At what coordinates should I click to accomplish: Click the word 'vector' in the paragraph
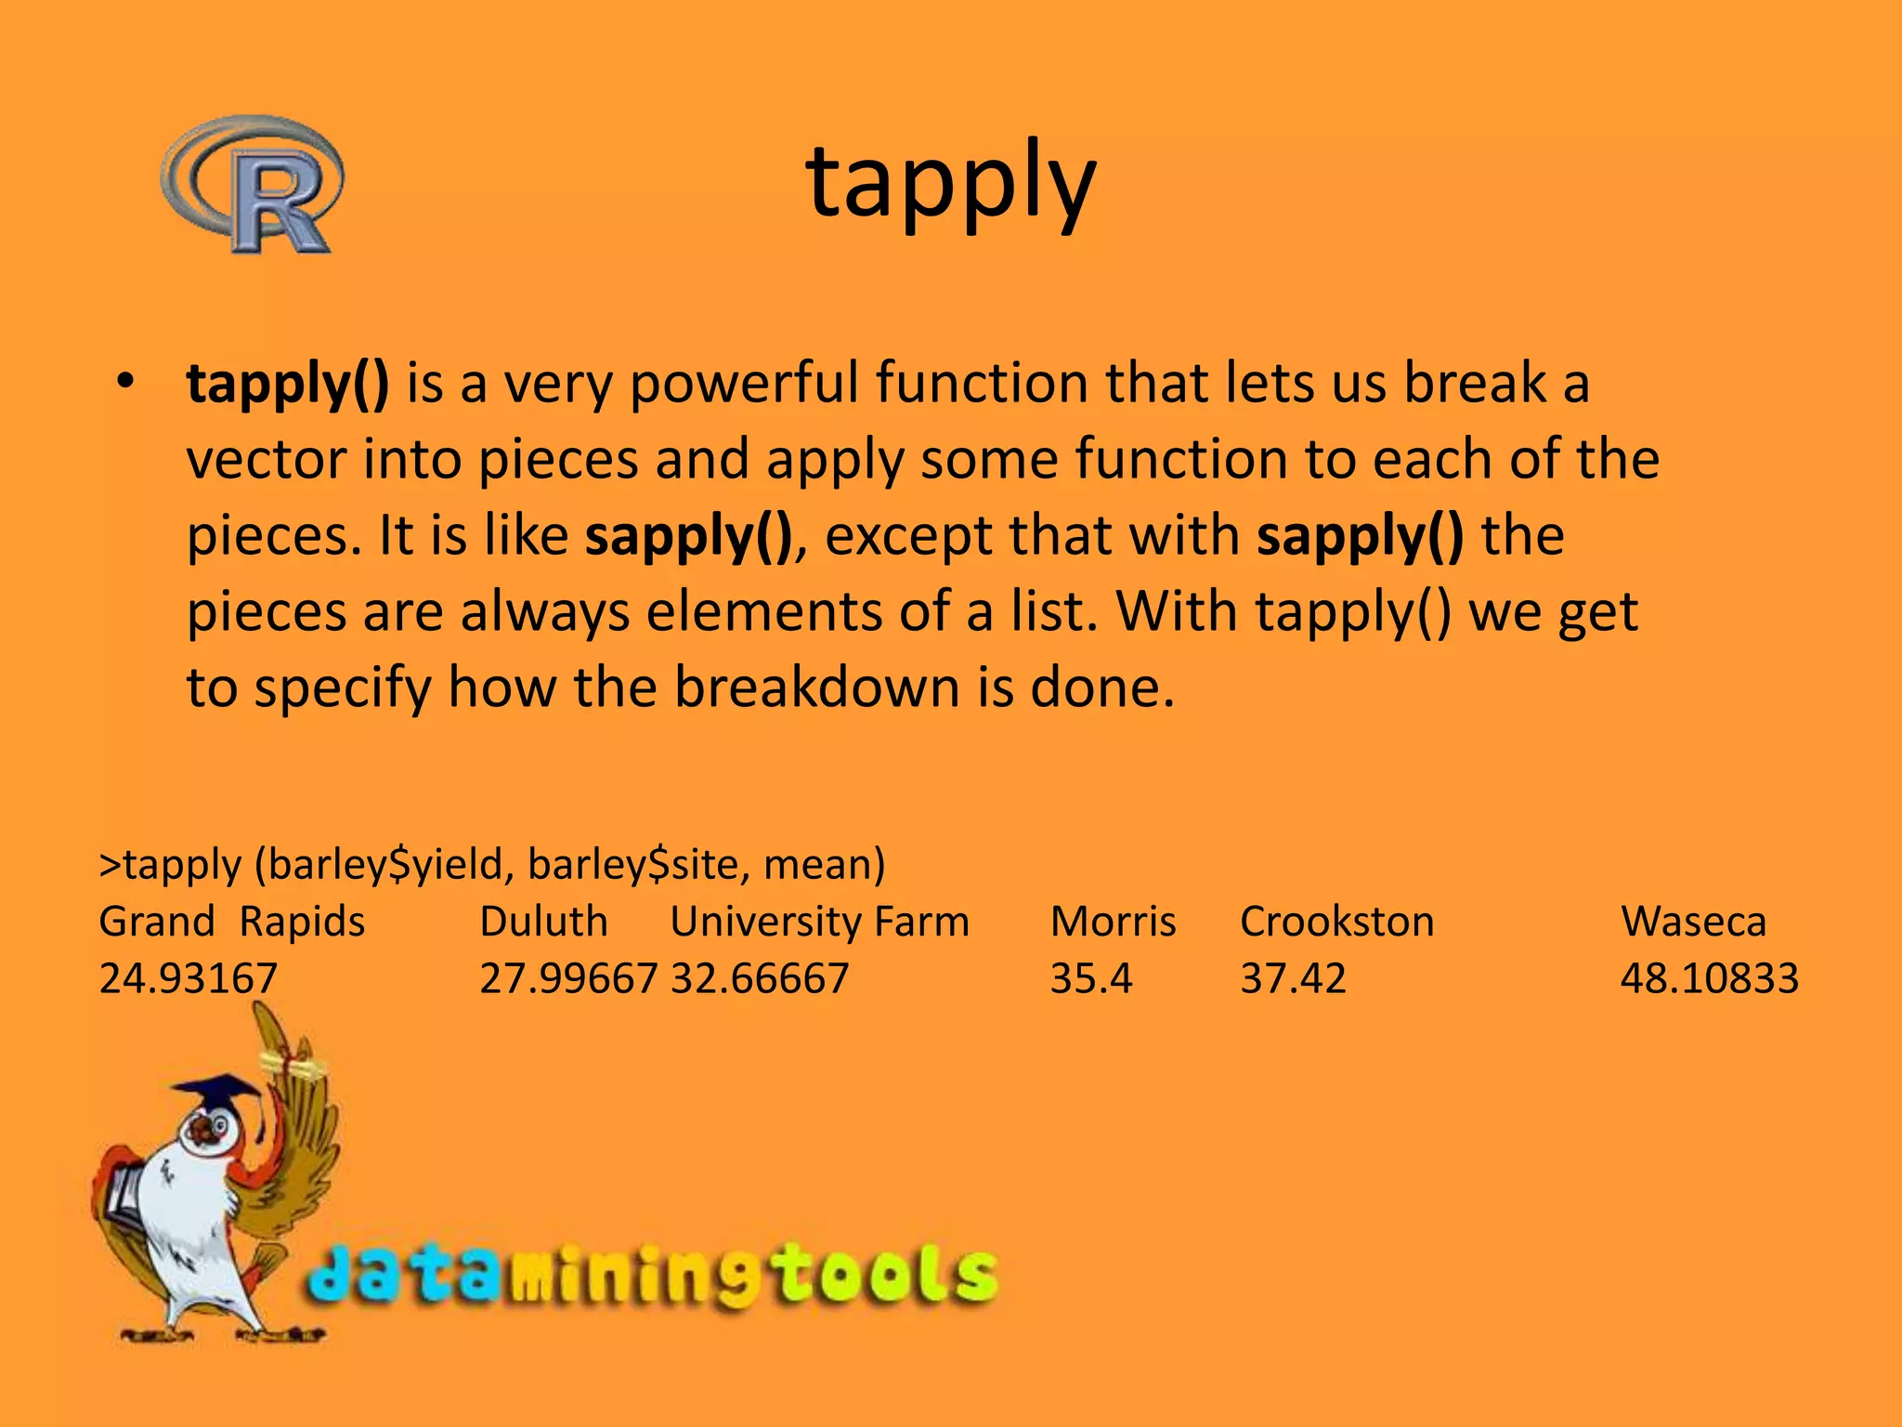click(267, 460)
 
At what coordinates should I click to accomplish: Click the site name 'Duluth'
click(543, 922)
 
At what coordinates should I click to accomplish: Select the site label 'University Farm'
click(819, 922)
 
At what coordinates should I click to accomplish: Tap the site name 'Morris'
click(1113, 922)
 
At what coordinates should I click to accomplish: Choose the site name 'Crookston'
click(1336, 922)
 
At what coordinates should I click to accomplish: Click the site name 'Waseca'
click(1693, 922)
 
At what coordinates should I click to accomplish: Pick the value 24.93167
click(189, 978)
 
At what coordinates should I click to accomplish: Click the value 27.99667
click(568, 978)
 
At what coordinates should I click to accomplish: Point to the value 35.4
click(1091, 978)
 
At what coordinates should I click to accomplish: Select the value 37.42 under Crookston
click(1293, 978)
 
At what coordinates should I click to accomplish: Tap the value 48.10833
click(1710, 978)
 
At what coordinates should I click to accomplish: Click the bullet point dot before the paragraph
click(126, 382)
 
